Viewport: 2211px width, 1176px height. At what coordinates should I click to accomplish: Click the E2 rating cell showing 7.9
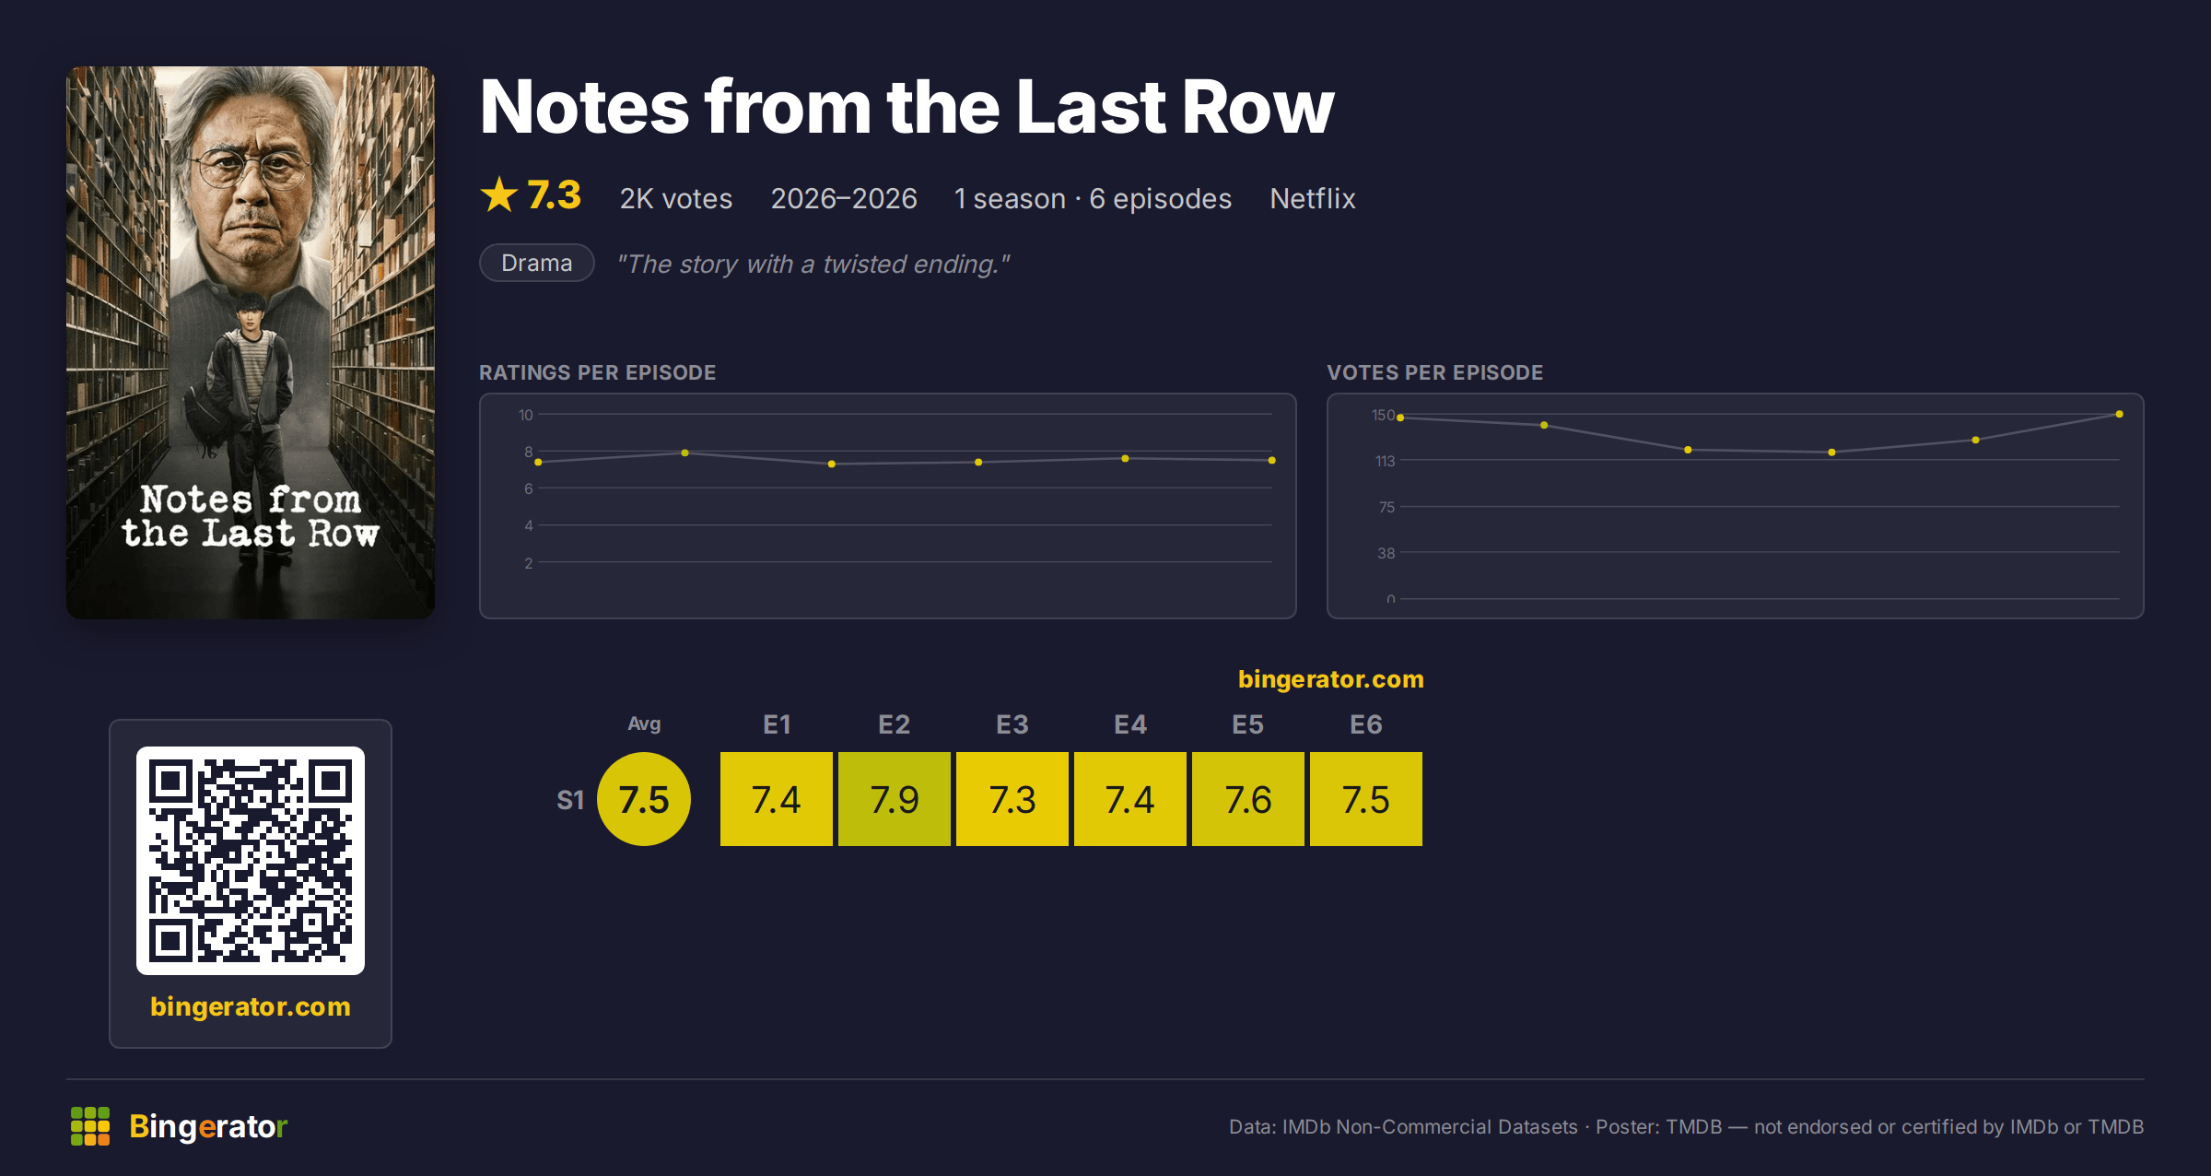click(x=894, y=798)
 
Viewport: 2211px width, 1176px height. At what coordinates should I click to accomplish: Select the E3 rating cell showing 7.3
click(x=1012, y=798)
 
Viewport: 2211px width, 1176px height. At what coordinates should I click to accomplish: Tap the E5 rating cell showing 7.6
click(x=1247, y=798)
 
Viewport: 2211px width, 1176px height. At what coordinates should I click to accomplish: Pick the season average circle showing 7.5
click(x=643, y=798)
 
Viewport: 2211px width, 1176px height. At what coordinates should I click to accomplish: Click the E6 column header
click(x=1365, y=724)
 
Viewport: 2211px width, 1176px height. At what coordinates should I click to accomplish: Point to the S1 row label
click(x=570, y=800)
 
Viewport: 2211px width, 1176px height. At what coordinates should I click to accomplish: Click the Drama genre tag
click(x=536, y=263)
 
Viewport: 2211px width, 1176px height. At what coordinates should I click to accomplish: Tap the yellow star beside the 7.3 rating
click(x=499, y=194)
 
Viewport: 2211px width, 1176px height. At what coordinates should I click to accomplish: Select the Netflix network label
click(x=1312, y=198)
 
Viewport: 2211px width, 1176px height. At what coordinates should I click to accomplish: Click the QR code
click(x=251, y=860)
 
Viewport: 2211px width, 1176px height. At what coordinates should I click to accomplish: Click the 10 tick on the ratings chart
click(x=525, y=415)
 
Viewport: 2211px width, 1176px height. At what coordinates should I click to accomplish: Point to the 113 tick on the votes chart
click(x=1385, y=461)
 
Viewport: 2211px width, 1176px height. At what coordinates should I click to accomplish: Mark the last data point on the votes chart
click(x=2119, y=414)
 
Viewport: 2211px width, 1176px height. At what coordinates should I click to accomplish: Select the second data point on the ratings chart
click(x=684, y=453)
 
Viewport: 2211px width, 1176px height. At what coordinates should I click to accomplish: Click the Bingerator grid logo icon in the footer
click(x=90, y=1126)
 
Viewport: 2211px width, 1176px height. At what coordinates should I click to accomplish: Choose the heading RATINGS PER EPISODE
click(x=597, y=372)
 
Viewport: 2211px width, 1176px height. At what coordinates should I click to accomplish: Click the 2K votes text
click(x=675, y=198)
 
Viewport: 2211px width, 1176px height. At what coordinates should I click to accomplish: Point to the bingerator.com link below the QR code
click(x=251, y=1006)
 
